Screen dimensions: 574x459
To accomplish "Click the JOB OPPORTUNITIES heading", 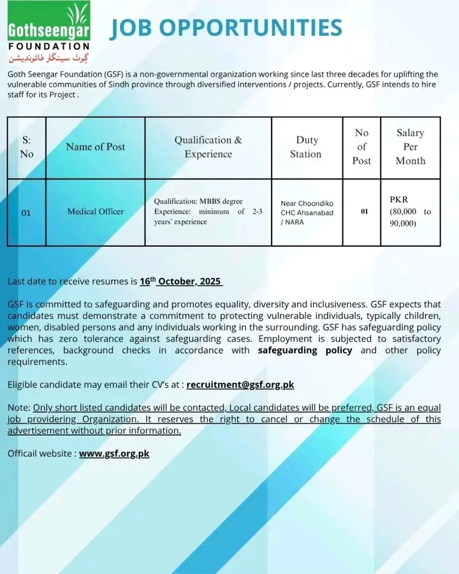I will coord(226,27).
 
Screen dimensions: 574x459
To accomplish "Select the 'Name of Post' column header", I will coord(96,147).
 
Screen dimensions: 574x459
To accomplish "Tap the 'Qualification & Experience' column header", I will coord(208,147).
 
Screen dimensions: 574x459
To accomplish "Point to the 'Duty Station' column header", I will coord(307,147).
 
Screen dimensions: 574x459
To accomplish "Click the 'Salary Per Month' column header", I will coord(410,147).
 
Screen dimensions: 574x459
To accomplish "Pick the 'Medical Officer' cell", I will coord(96,212).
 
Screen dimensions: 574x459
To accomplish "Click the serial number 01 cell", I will coord(26,212).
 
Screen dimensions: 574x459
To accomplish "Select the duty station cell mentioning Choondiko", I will coord(307,212).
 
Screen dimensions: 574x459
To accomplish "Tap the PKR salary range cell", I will coord(410,212).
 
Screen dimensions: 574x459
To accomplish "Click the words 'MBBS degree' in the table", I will coord(221,202).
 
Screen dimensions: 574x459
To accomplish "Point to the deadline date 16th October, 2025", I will coord(181,281).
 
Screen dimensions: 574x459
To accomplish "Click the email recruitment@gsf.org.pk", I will coord(240,385).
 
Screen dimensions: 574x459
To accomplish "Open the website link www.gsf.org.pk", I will coord(114,454).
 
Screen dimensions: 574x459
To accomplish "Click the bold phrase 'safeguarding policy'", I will coord(305,350).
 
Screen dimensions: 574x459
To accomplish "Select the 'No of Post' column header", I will coord(361,147).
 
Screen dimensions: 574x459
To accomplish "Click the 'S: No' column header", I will coord(26,147).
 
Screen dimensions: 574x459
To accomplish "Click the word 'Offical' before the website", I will coord(24,454).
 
